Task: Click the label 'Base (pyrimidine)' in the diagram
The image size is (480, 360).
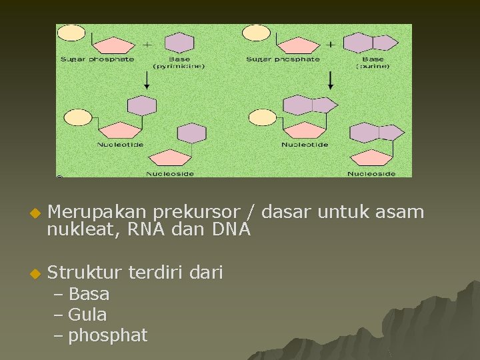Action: pyautogui.click(x=179, y=63)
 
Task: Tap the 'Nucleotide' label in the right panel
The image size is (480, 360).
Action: pyautogui.click(x=305, y=145)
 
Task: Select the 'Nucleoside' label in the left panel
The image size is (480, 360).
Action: pyautogui.click(x=170, y=174)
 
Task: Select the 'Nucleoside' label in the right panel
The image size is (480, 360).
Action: pyautogui.click(x=371, y=174)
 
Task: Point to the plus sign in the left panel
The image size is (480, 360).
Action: pyautogui.click(x=147, y=45)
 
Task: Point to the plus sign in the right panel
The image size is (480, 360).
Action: pyautogui.click(x=331, y=45)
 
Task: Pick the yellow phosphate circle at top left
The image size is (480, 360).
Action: pyautogui.click(x=71, y=33)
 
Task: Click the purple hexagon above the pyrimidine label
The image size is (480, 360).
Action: pyautogui.click(x=179, y=43)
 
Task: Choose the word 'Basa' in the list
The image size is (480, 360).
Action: pyautogui.click(x=89, y=294)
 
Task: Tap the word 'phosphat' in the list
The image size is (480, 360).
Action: pyautogui.click(x=107, y=335)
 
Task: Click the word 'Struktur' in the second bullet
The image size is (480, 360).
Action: pyautogui.click(x=84, y=272)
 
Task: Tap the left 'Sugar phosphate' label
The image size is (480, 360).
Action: pyautogui.click(x=97, y=59)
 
